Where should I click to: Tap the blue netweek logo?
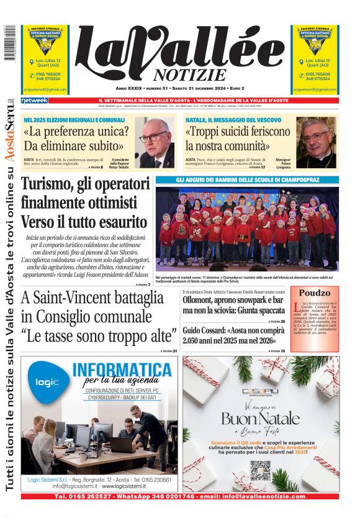[34, 101]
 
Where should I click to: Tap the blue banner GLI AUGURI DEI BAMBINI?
[246, 180]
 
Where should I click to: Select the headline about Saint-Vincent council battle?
[99, 317]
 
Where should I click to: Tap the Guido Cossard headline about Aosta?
[233, 335]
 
